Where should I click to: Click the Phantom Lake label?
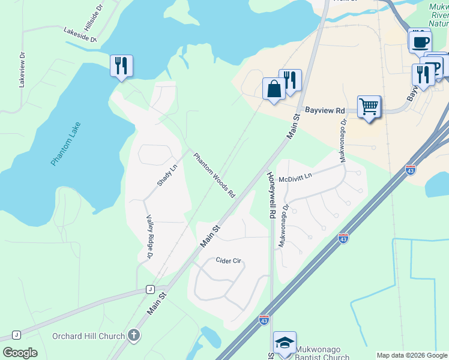coord(65,144)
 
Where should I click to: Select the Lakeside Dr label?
coord(80,35)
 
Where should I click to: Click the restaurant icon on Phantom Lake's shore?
coord(121,66)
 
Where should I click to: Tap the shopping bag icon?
coord(274,89)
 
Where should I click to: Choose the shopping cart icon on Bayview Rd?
coord(369,107)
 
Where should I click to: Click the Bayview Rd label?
coord(325,111)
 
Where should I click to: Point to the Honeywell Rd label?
coord(271,195)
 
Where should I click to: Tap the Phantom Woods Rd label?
coord(214,175)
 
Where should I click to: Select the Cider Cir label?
coord(228,261)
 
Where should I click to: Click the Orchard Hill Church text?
coord(89,336)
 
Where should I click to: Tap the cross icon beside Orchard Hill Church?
coord(134,336)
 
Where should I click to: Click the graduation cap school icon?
coord(285,343)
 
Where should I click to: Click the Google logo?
coord(20,353)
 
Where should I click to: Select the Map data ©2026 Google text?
coord(412,355)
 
